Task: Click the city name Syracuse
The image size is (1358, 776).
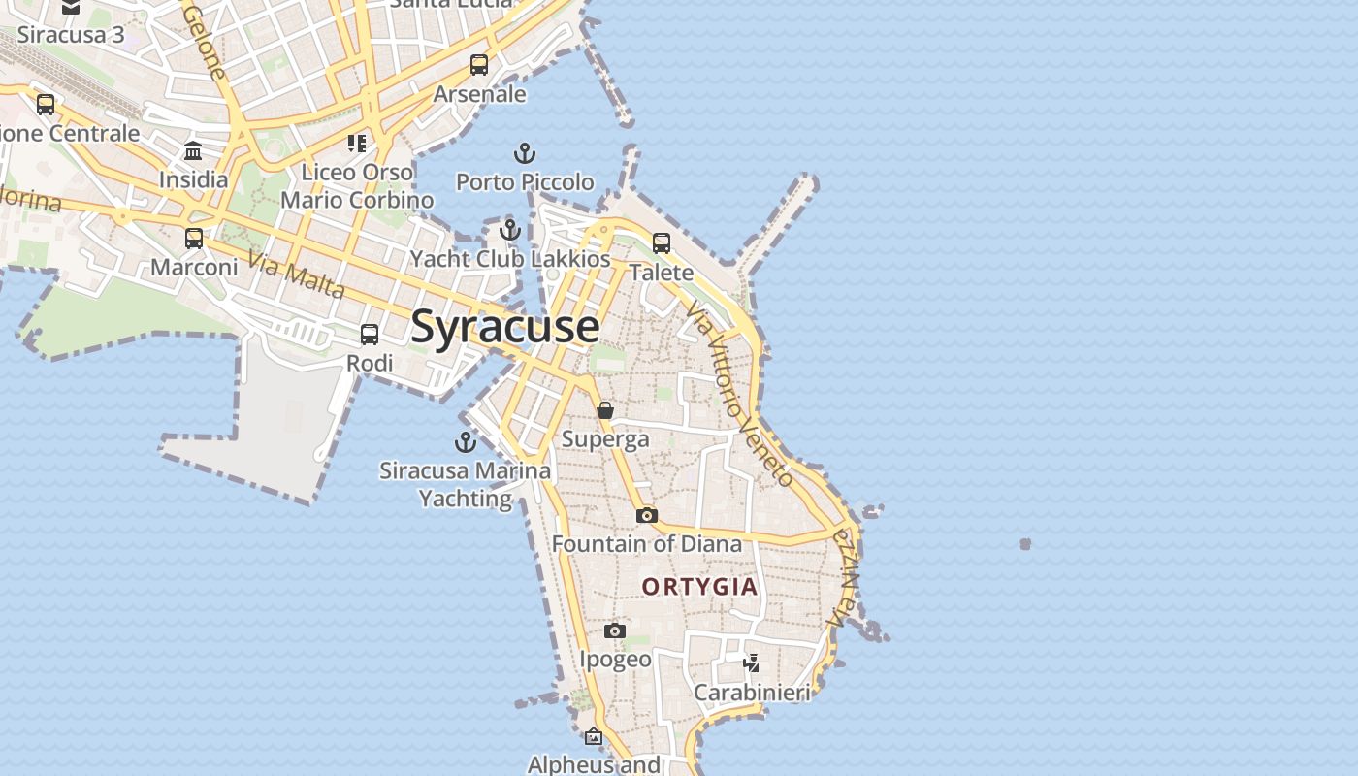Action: pos(505,327)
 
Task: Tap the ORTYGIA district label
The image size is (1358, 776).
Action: pos(698,587)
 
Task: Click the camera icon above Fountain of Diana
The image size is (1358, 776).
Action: pos(647,515)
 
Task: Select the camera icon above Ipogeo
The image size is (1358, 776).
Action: pos(614,631)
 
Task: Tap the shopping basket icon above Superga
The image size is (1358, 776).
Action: pos(605,410)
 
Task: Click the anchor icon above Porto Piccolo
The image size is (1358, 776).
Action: pos(524,153)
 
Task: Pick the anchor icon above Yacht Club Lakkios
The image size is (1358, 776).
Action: pos(510,230)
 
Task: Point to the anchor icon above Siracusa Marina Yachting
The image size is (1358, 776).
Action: pos(466,442)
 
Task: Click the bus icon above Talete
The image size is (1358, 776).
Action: pos(662,243)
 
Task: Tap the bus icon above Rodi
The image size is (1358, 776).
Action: pos(370,335)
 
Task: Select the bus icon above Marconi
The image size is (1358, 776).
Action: pos(194,238)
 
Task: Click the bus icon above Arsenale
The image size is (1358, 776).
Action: pos(479,65)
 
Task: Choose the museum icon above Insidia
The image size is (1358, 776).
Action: pos(193,150)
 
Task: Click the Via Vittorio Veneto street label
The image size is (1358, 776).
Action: pos(740,394)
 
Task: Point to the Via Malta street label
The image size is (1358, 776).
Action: pos(296,275)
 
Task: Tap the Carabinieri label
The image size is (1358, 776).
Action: pos(752,693)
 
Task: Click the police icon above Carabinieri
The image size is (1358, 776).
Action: pos(751,663)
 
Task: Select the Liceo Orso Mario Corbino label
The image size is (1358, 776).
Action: pos(357,186)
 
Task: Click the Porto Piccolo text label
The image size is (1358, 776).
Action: pos(525,182)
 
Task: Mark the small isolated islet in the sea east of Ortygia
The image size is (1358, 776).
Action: pos(1025,544)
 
